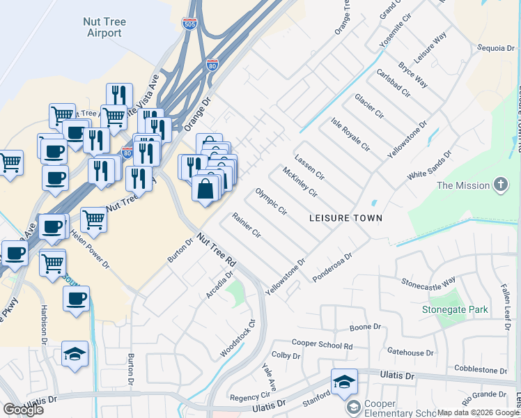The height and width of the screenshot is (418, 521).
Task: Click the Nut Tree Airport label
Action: (x=104, y=27)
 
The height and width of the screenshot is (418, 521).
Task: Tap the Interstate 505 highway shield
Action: (x=189, y=24)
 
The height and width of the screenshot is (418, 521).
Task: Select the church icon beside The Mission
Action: (x=499, y=185)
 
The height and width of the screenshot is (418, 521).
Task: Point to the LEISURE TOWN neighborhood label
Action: (x=346, y=218)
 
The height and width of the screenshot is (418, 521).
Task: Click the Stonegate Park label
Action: (x=455, y=309)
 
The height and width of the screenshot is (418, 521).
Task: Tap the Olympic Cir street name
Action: (x=271, y=201)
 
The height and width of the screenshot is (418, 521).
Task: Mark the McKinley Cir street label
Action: (x=300, y=183)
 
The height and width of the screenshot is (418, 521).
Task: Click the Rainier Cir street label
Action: (x=246, y=223)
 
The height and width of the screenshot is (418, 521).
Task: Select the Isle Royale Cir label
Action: (x=350, y=134)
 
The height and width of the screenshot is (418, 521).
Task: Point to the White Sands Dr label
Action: (x=430, y=164)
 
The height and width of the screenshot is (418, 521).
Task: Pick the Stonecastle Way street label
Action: (x=428, y=281)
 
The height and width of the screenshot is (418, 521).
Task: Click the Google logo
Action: (x=23, y=409)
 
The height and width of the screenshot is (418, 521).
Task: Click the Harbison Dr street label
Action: (x=43, y=324)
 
